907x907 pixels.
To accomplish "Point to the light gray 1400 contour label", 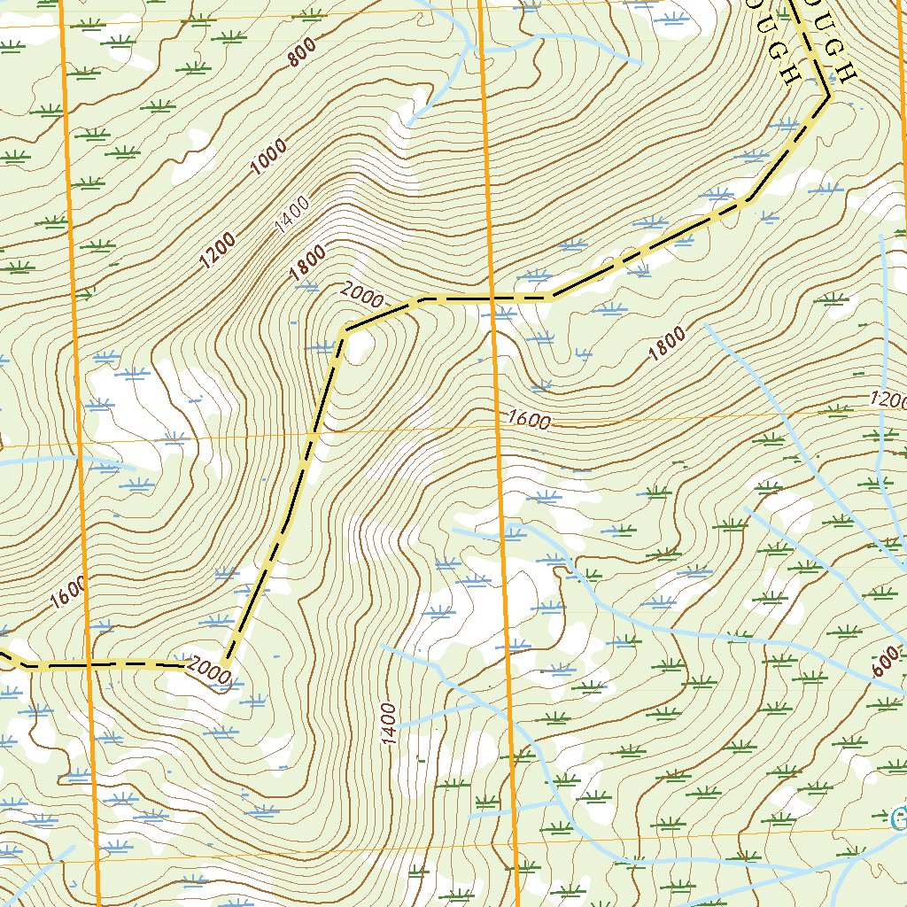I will [292, 215].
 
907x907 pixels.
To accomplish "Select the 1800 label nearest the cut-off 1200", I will [666, 345].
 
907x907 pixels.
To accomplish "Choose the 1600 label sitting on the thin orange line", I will [530, 420].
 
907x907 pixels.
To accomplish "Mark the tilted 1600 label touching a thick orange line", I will [69, 593].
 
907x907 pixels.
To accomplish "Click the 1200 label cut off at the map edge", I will [888, 399].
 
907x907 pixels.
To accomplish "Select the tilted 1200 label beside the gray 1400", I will [218, 250].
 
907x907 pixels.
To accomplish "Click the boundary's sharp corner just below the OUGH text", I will [828, 95].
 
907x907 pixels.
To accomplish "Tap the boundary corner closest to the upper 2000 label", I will [344, 332].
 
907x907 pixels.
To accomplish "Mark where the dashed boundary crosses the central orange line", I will [491, 298].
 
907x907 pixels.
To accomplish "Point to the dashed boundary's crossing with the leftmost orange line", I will [89, 663].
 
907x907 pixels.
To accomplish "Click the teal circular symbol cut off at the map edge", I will [900, 817].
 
